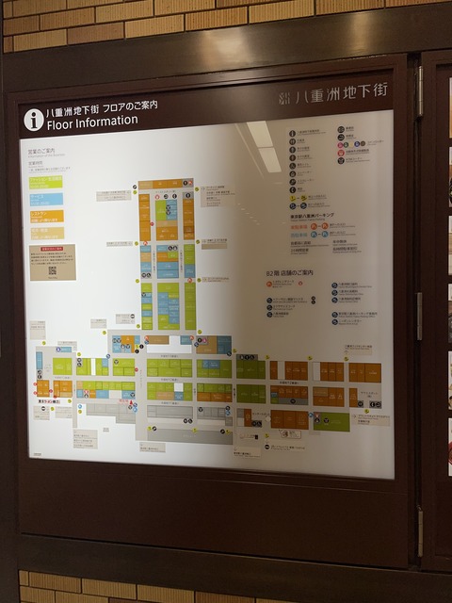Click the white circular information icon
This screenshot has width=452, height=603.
pos(34,119)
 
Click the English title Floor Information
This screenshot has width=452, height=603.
pos(92,122)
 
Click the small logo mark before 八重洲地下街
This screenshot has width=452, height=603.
pos(284,96)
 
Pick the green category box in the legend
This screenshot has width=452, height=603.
pos(45,182)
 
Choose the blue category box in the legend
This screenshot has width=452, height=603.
pos(45,199)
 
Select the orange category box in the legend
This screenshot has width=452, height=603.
pos(45,216)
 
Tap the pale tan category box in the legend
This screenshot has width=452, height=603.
pos(45,233)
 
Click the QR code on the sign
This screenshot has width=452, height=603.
pos(53,270)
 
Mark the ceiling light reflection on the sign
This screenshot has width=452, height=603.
pos(263,145)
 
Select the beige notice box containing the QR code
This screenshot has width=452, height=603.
pos(53,262)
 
